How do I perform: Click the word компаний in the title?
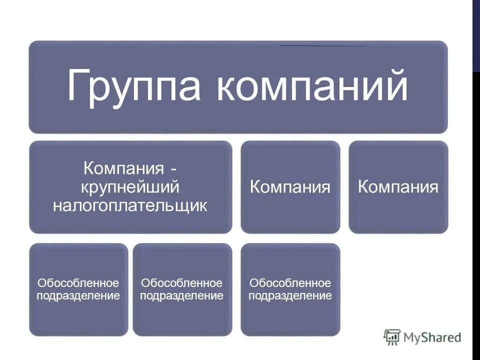click(313, 86)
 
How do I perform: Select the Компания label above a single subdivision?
click(290, 187)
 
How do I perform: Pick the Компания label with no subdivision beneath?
click(398, 187)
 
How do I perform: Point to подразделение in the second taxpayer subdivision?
click(182, 295)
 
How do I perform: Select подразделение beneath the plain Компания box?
click(290, 295)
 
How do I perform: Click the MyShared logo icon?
click(392, 337)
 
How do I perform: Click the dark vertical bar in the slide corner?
click(476, 35)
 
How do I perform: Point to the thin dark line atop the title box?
click(322, 46)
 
